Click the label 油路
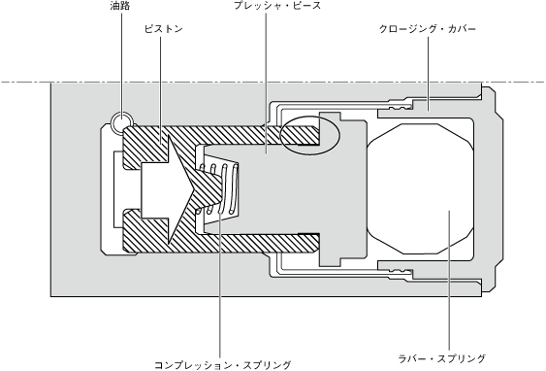120,6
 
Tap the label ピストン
164,29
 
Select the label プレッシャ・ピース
277,6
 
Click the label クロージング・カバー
428,29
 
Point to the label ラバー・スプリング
442,358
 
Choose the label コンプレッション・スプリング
222,365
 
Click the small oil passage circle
121,122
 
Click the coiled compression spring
218,188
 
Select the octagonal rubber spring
420,188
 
